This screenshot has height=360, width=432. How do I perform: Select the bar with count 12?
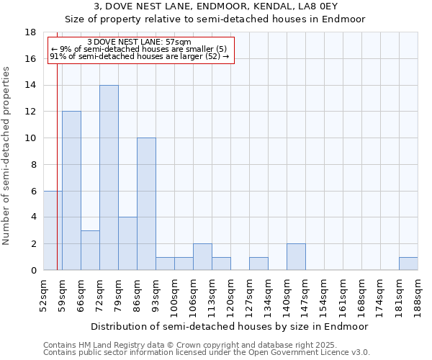[x=71, y=191]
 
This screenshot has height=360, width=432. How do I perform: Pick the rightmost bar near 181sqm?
[x=408, y=264]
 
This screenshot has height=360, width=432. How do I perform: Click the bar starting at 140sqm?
[x=296, y=257]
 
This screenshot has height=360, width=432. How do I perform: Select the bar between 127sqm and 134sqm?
[x=258, y=264]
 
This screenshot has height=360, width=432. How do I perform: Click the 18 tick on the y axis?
[x=30, y=32]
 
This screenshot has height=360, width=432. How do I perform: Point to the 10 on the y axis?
[x=30, y=138]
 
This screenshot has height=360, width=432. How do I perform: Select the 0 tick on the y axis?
[x=33, y=270]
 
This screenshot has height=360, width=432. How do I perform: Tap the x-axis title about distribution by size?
[x=230, y=326]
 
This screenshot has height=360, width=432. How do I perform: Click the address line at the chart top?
[x=216, y=7]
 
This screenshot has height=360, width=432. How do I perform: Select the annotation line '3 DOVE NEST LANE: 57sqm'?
[x=138, y=42]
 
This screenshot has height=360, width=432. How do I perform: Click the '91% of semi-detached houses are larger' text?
[x=139, y=56]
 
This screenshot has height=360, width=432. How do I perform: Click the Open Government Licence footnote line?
[x=207, y=353]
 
